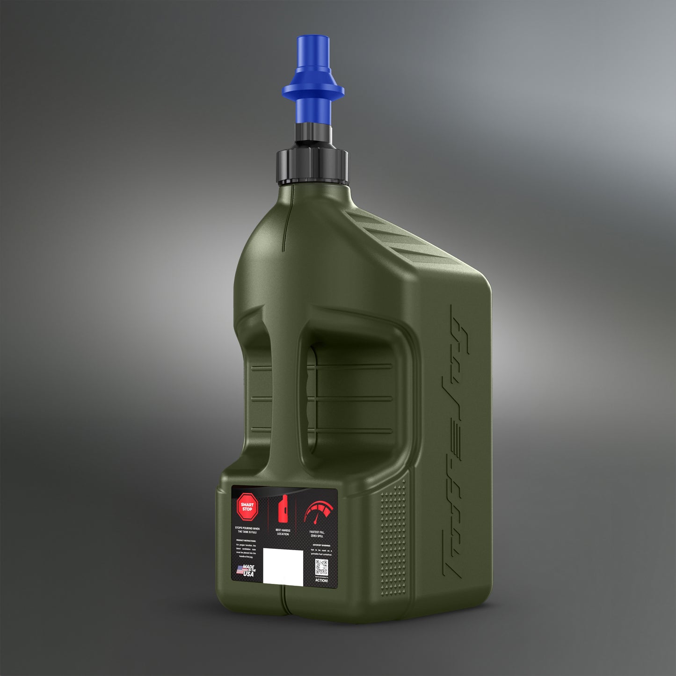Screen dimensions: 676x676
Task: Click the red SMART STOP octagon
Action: [x=247, y=507]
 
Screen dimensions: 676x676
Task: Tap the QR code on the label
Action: [x=321, y=567]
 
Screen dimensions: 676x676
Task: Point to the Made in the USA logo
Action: [x=247, y=571]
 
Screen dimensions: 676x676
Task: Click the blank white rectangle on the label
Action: [x=283, y=566]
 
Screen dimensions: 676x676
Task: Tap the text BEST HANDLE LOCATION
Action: [x=283, y=532]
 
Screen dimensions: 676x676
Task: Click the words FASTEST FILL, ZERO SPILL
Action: [x=317, y=534]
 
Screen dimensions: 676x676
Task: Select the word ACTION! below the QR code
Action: [x=321, y=580]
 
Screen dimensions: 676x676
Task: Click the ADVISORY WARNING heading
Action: [x=321, y=545]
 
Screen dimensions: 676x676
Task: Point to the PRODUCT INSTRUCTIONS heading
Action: [x=246, y=541]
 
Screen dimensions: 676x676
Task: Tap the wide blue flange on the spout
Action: [x=313, y=89]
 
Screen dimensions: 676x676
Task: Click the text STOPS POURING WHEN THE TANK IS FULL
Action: [x=247, y=530]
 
